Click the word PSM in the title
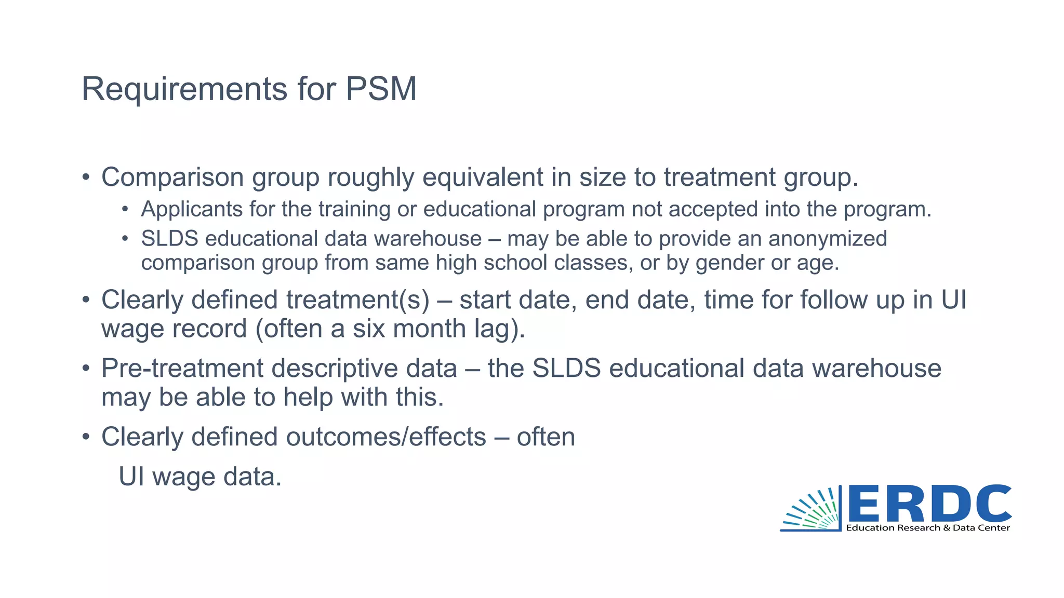pos(381,89)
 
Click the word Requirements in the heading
pos(184,90)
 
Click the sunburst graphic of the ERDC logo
pos(812,511)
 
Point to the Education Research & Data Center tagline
pos(928,528)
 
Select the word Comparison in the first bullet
pos(172,178)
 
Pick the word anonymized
pos(828,239)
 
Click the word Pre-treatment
pos(182,369)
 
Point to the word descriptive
pos(364,369)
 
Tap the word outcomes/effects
pos(385,437)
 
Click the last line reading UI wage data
pos(200,477)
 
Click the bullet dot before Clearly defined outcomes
pos(86,437)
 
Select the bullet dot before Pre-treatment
pos(86,369)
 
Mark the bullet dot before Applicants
pos(125,210)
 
